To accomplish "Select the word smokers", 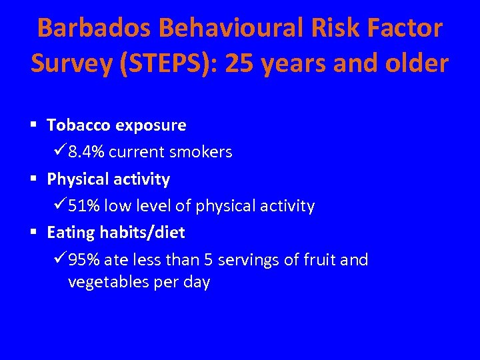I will click(200, 152).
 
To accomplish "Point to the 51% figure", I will click(83, 206).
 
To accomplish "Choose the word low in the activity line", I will click(117, 206).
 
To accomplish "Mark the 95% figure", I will click(83, 260).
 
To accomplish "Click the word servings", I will click(253, 260).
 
